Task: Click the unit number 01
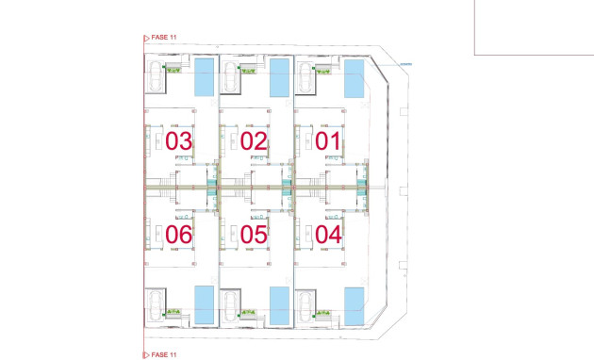point(328,141)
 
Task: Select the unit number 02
point(254,141)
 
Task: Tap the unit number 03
point(179,141)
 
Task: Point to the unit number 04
point(328,234)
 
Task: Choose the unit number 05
point(254,234)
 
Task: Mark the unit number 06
point(179,234)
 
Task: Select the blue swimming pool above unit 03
point(205,77)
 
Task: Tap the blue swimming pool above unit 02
point(280,77)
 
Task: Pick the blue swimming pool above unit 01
point(355,77)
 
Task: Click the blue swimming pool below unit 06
point(205,303)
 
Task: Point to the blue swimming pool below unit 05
point(280,303)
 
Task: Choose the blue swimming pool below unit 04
point(355,303)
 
